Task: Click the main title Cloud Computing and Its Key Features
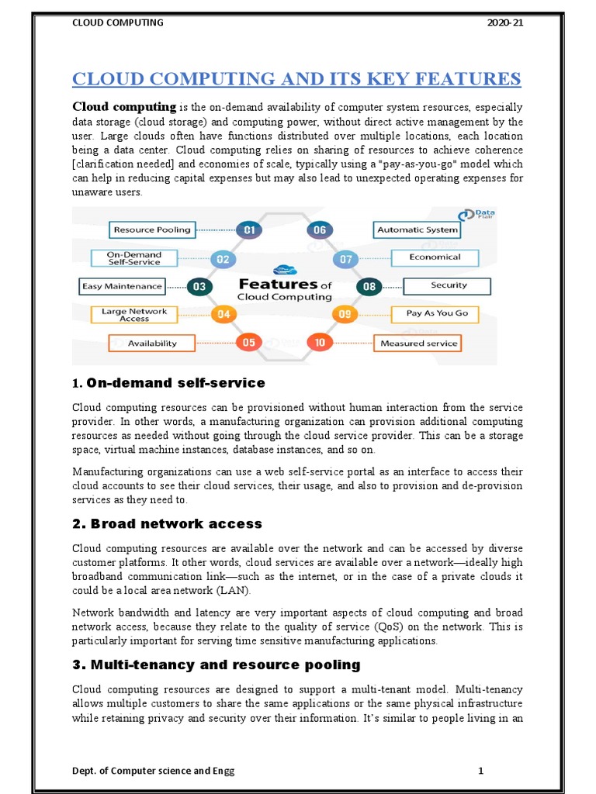[297, 80]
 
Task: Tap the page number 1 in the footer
[481, 771]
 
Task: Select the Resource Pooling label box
[151, 230]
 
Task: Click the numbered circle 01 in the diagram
[249, 230]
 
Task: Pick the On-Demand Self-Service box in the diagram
[134, 258]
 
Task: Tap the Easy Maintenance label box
[123, 286]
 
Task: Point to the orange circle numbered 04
[223, 314]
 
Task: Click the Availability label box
[152, 343]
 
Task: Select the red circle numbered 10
[319, 342]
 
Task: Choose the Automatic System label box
[418, 230]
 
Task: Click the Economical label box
[435, 257]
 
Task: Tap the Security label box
[449, 285]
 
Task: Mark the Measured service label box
[419, 343]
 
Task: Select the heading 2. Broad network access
[168, 524]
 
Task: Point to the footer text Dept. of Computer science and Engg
[153, 771]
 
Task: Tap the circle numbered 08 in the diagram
[369, 286]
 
